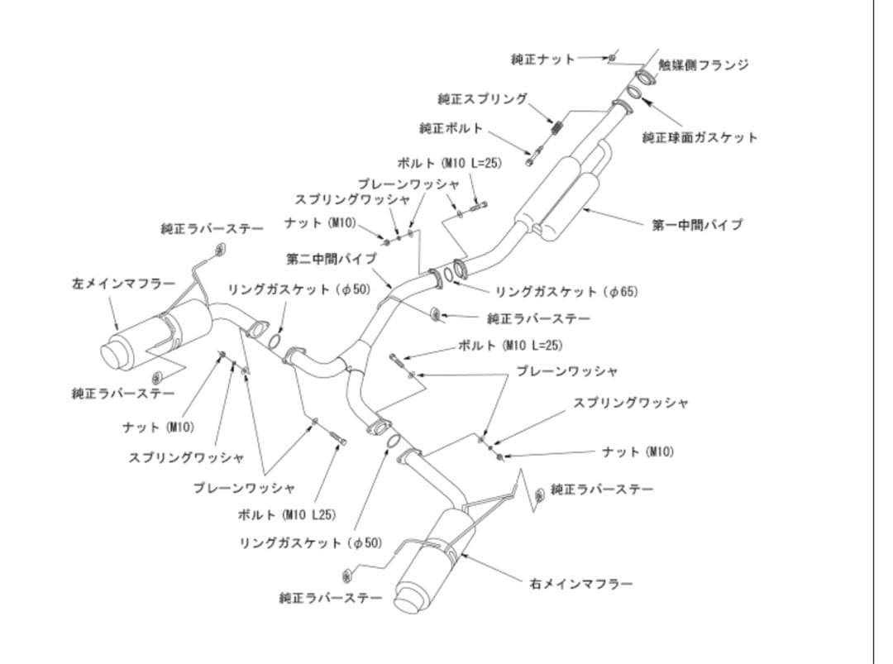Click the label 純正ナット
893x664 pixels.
click(542, 59)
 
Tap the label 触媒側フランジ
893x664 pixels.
click(704, 65)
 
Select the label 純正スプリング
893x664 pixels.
click(482, 98)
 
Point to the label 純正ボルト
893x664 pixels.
click(451, 128)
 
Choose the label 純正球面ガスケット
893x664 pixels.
click(700, 137)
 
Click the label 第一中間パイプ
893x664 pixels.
click(697, 224)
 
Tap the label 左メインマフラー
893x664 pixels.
click(123, 284)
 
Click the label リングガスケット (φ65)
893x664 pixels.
click(566, 291)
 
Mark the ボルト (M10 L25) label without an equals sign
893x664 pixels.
click(286, 514)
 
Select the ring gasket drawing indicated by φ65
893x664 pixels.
click(447, 275)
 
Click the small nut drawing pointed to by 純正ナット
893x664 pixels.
click(612, 58)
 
